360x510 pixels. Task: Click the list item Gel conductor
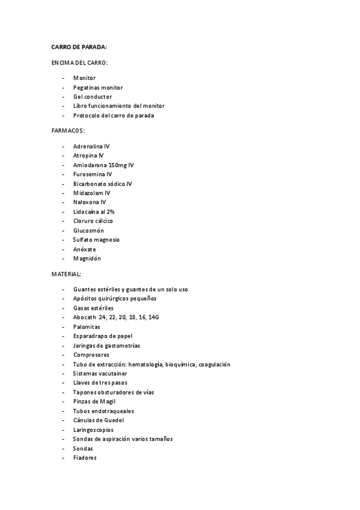click(x=93, y=96)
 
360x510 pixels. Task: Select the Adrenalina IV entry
click(x=91, y=146)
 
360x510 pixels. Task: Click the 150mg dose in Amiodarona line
click(x=118, y=165)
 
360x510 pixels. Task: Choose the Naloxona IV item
click(x=90, y=202)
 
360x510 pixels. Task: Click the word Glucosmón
click(x=88, y=230)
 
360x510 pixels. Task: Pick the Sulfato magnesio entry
click(x=96, y=239)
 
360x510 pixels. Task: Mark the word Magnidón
click(x=87, y=259)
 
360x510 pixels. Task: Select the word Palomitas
click(x=87, y=327)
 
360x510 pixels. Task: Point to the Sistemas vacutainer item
click(x=100, y=373)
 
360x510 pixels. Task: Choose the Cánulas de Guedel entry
click(x=98, y=420)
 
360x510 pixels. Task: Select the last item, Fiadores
click(x=85, y=458)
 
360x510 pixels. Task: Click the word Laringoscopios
click(x=93, y=429)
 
